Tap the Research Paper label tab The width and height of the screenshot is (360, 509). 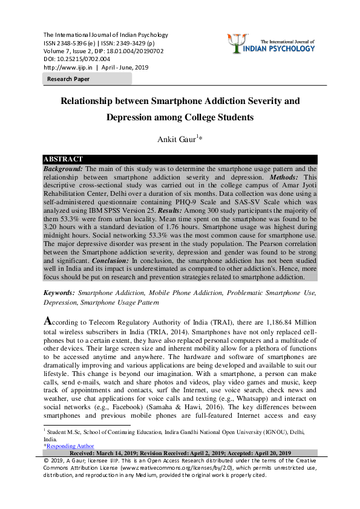pos(68,79)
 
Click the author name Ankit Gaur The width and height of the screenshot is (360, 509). pos(177,140)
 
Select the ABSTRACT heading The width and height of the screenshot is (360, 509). pos(63,160)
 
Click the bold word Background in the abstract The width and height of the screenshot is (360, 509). pos(63,169)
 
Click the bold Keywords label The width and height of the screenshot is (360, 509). pos(59,292)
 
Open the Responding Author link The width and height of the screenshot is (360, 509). pos(68,446)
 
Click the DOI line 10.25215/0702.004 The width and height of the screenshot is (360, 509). pos(77,59)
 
